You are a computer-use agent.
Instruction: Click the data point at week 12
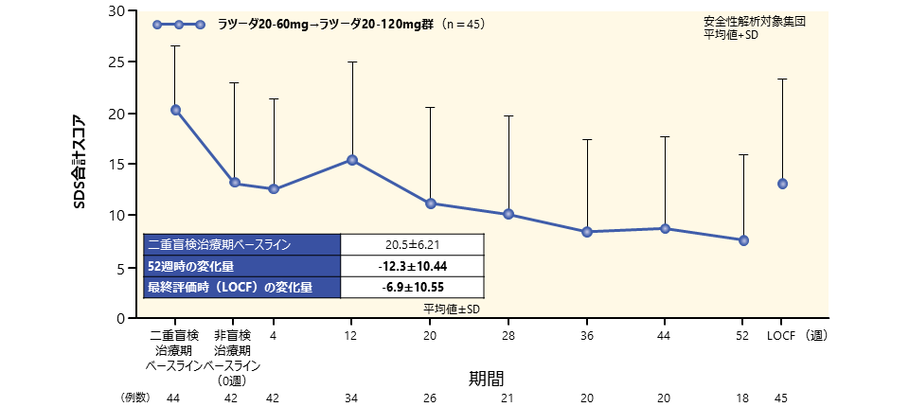(x=352, y=160)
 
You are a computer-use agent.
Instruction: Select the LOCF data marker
(x=782, y=184)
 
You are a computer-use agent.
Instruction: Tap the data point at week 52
(x=743, y=240)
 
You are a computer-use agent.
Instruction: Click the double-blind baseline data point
(x=175, y=110)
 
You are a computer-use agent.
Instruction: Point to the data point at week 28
(x=508, y=214)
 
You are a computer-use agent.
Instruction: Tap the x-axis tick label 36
(x=586, y=335)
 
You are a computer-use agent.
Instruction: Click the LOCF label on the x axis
(x=781, y=335)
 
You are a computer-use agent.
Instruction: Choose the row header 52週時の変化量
(x=190, y=266)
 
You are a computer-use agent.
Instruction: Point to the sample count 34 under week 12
(x=352, y=397)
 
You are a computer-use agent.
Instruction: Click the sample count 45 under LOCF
(x=781, y=397)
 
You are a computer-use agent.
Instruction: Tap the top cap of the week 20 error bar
(x=430, y=108)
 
